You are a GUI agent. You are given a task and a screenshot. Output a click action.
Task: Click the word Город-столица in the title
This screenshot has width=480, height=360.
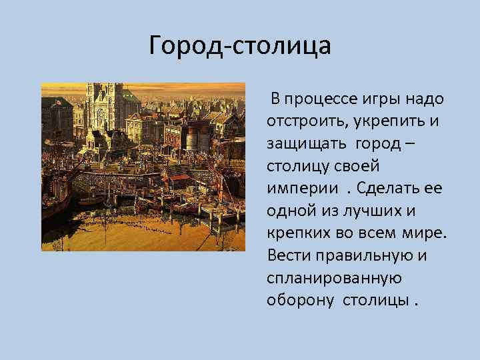coord(240,45)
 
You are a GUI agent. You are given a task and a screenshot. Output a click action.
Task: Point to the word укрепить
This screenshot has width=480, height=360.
coord(385,123)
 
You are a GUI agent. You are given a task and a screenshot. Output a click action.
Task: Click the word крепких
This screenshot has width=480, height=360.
coord(297,233)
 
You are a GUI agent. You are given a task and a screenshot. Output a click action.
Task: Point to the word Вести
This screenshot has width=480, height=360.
coord(285,255)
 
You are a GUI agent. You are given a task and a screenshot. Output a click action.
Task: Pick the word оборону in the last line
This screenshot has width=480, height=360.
coord(300,299)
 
